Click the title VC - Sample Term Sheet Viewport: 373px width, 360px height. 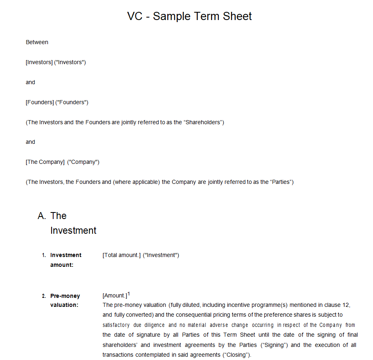tap(189, 16)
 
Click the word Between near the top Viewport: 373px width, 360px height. tap(37, 42)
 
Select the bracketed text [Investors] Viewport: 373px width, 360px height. tap(39, 62)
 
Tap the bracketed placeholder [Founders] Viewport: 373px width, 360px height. tap(40, 102)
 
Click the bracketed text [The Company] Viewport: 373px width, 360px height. tap(45, 162)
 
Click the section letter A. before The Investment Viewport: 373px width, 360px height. tap(42, 216)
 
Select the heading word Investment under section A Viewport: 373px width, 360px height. tap(73, 230)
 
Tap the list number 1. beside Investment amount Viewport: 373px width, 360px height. tap(44, 255)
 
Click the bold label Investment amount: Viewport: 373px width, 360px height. tap(65, 260)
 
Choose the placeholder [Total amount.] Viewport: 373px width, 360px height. tap(121, 255)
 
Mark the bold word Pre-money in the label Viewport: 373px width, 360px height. tap(65, 296)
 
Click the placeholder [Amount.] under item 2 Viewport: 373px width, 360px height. tap(115, 296)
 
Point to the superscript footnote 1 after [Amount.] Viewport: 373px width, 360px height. tap(129, 294)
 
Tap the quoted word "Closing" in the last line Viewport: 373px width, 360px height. tap(236, 355)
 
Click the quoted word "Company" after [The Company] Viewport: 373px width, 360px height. tap(83, 162)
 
